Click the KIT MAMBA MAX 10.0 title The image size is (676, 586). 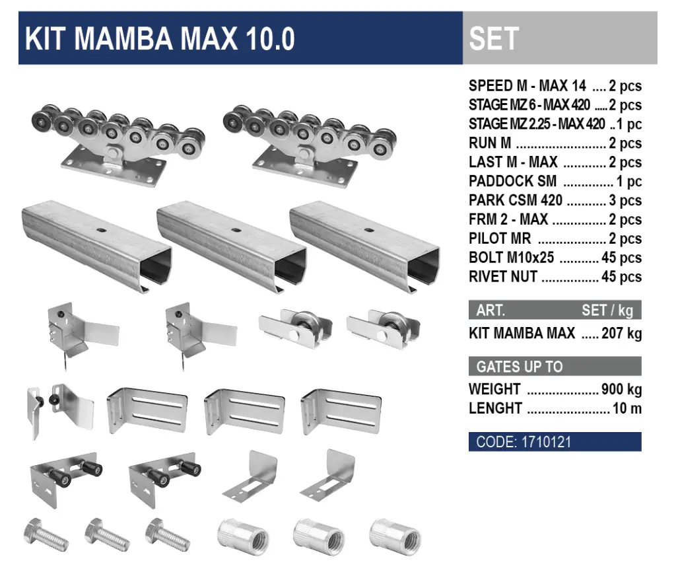click(x=160, y=39)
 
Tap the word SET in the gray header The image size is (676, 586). click(x=494, y=39)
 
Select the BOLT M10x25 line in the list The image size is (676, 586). click(x=555, y=258)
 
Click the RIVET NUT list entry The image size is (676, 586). click(x=555, y=277)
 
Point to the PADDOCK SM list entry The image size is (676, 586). click(x=555, y=181)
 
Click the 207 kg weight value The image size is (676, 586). click(x=621, y=333)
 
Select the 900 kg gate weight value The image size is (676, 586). click(x=621, y=388)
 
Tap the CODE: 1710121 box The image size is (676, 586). click(x=555, y=442)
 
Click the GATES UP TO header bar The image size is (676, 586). click(x=555, y=366)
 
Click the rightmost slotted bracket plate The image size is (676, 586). click(x=341, y=410)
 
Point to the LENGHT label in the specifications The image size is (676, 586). click(x=495, y=408)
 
